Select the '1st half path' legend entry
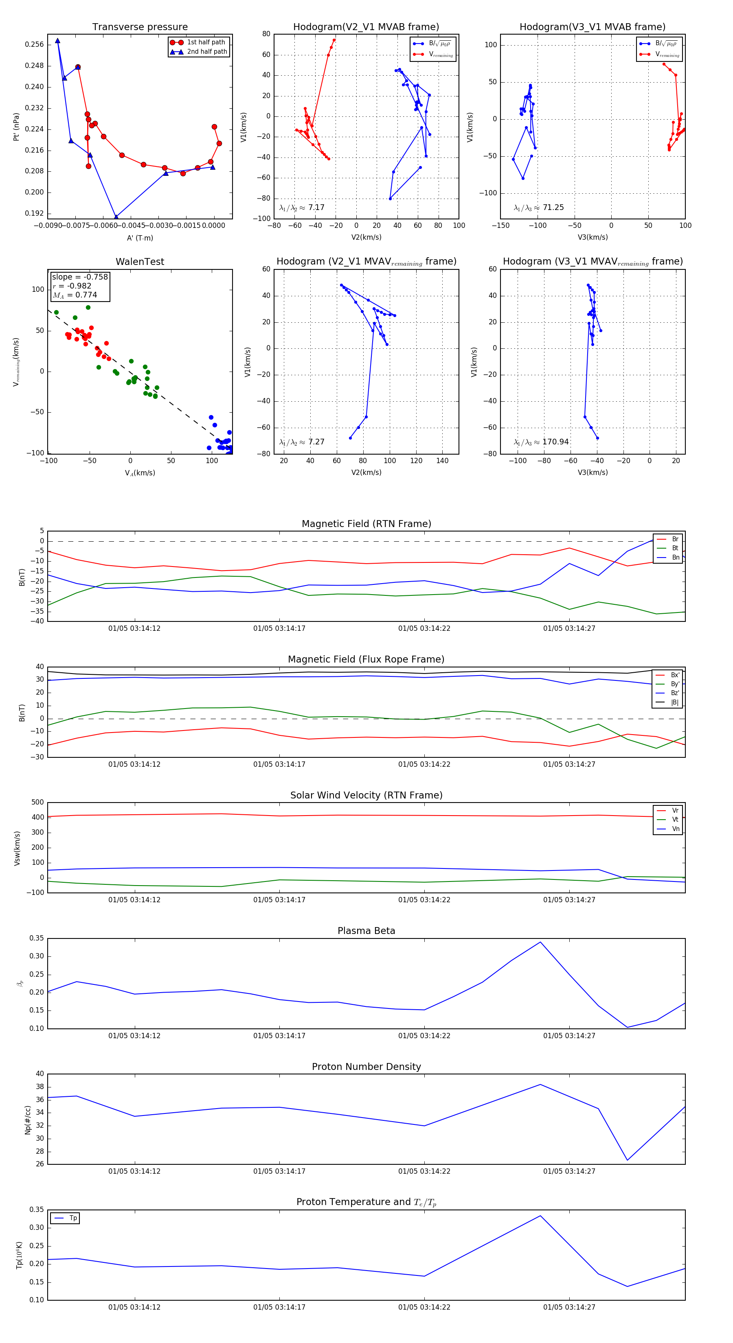click(206, 42)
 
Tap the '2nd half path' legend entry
click(206, 52)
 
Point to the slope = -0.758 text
click(80, 277)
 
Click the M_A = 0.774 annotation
click(75, 295)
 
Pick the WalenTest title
click(140, 262)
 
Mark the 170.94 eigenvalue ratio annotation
click(541, 442)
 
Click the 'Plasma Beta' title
click(366, 931)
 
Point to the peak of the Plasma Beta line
click(540, 942)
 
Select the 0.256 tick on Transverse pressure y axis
click(35, 45)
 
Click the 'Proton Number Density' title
click(366, 1066)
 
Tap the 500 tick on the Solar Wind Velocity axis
click(37, 803)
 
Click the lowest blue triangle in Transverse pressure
click(116, 217)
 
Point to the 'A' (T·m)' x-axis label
click(140, 238)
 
